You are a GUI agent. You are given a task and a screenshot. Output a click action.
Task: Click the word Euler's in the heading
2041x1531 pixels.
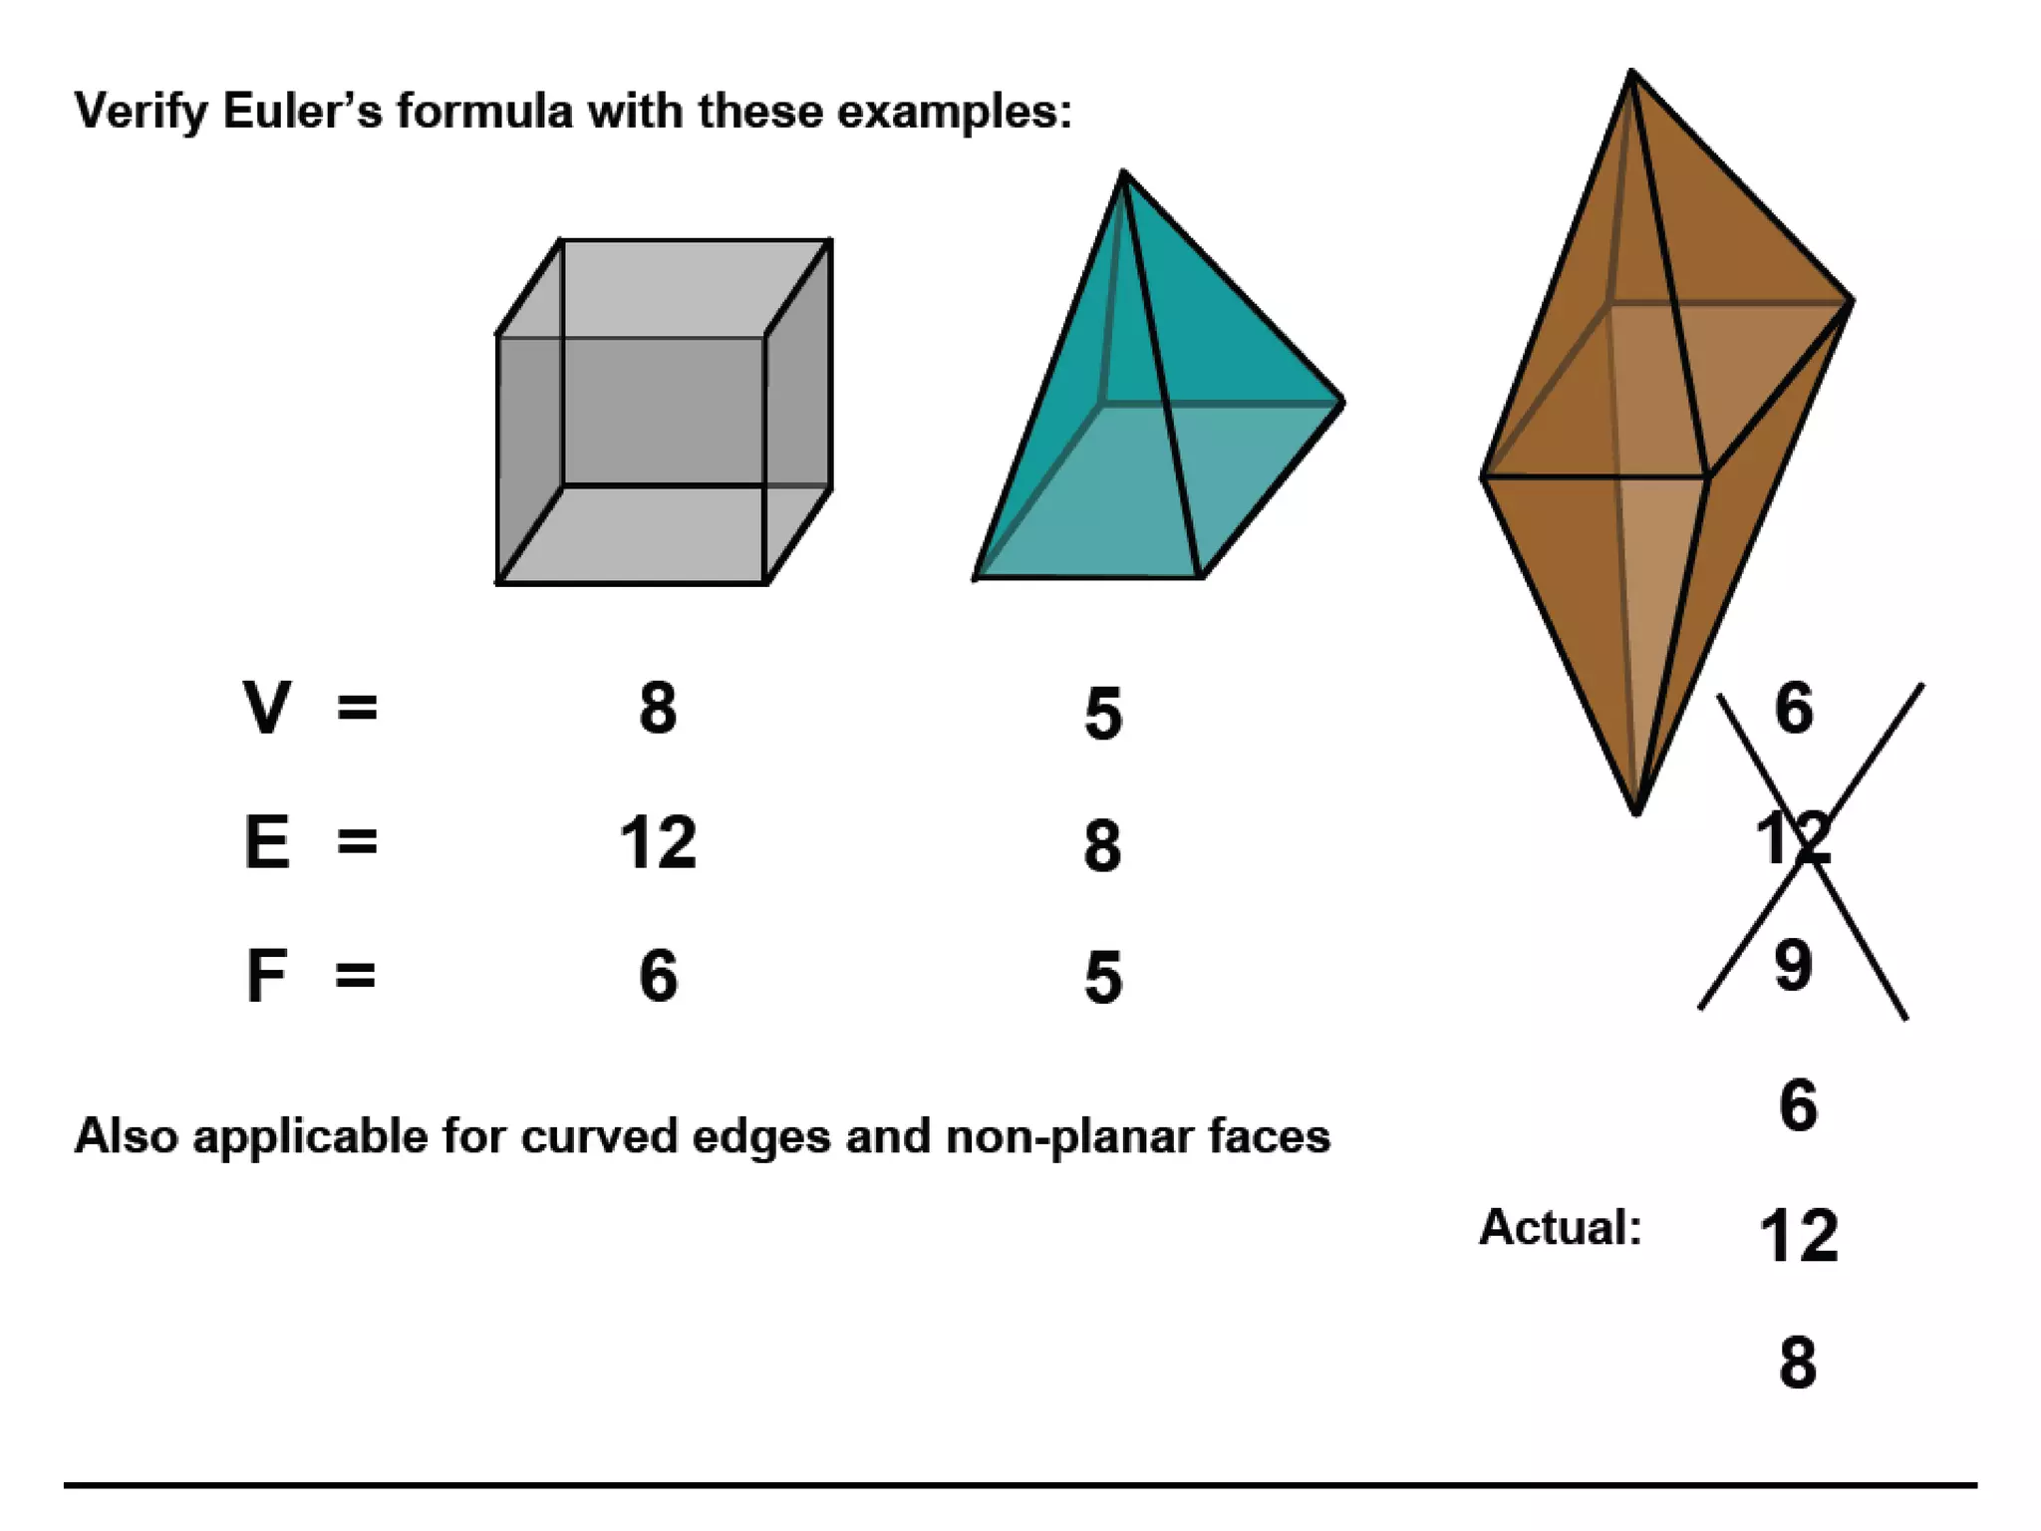click(302, 111)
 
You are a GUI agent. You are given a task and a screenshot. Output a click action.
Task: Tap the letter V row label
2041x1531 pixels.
click(266, 708)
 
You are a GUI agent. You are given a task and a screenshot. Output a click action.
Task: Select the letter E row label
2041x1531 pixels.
click(267, 842)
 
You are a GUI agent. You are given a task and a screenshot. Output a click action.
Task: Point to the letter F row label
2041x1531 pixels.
click(266, 976)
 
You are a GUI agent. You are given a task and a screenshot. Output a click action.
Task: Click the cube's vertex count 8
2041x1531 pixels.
click(658, 709)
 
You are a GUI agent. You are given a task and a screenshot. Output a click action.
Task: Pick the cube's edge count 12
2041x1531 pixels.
click(658, 842)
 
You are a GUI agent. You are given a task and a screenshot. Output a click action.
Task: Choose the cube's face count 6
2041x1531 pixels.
click(658, 976)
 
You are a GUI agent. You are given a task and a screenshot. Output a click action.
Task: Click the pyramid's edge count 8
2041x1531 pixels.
click(1102, 846)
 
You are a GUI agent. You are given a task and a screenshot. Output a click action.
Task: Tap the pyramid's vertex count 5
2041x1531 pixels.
click(1102, 714)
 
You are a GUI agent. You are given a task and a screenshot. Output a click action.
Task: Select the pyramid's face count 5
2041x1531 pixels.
click(1102, 978)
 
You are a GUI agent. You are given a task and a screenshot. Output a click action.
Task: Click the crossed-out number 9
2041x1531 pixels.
click(1793, 965)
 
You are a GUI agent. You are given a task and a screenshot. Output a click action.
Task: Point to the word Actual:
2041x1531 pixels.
click(1560, 1227)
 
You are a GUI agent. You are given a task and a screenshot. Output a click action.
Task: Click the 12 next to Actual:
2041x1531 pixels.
click(1798, 1236)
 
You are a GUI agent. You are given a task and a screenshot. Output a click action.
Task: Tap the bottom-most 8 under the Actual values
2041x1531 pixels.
click(1797, 1363)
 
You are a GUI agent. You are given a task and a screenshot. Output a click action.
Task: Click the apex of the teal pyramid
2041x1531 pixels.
click(1123, 172)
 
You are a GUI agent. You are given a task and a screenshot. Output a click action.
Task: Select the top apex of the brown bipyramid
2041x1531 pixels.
click(1631, 71)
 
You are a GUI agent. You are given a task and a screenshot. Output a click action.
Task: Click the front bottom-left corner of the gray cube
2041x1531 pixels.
click(497, 582)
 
